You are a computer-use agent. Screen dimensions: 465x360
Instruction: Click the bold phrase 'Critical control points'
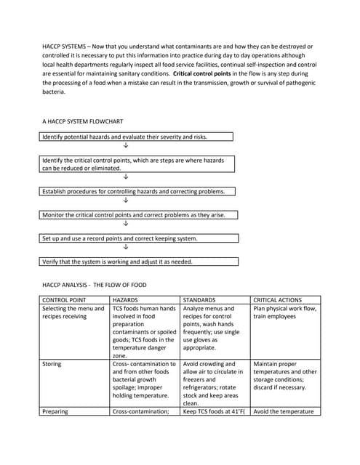[x=211, y=74]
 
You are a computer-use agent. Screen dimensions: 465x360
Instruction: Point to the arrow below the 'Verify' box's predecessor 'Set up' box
[x=126, y=248]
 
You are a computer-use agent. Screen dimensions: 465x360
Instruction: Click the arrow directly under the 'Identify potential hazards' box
[x=126, y=146]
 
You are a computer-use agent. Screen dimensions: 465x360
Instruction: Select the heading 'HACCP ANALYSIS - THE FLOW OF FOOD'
[x=95, y=285]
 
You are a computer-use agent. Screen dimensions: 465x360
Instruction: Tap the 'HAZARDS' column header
[x=125, y=299]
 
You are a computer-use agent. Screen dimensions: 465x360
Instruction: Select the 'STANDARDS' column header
[x=199, y=299]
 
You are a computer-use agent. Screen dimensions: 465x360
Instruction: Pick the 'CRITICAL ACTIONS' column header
[x=277, y=299]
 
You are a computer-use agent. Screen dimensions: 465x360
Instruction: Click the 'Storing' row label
[x=52, y=364]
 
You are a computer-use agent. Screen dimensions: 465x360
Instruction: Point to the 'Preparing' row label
[x=55, y=411]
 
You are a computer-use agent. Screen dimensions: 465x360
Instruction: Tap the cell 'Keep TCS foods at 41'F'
[x=212, y=411]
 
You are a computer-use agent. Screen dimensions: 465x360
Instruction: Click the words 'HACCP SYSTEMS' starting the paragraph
[x=63, y=46]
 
